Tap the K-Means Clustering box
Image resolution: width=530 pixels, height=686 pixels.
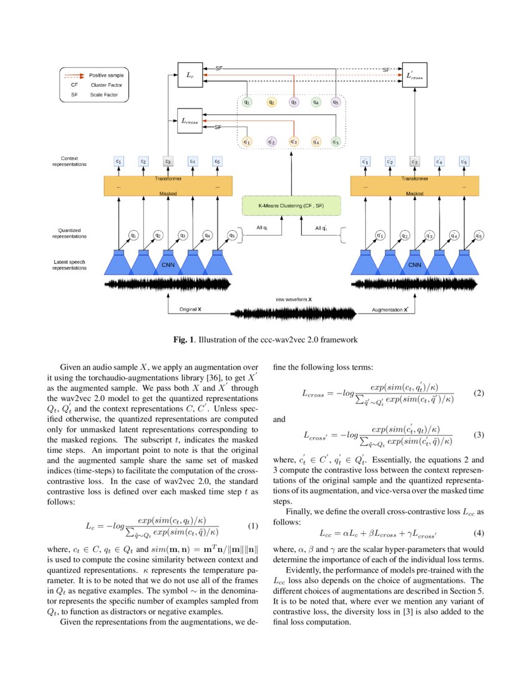point(292,205)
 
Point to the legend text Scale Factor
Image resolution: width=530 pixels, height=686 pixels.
point(103,95)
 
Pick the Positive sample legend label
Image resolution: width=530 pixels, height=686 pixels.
point(106,74)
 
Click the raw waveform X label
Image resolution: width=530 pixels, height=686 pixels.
point(294,299)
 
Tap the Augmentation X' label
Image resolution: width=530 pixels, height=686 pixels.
point(390,309)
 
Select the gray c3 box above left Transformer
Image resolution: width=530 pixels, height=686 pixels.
point(168,161)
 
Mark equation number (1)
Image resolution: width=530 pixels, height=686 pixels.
point(253,525)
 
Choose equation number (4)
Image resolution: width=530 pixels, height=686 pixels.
point(478,533)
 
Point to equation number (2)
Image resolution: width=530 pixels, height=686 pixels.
point(478,394)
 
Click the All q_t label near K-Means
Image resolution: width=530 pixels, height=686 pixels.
point(262,228)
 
